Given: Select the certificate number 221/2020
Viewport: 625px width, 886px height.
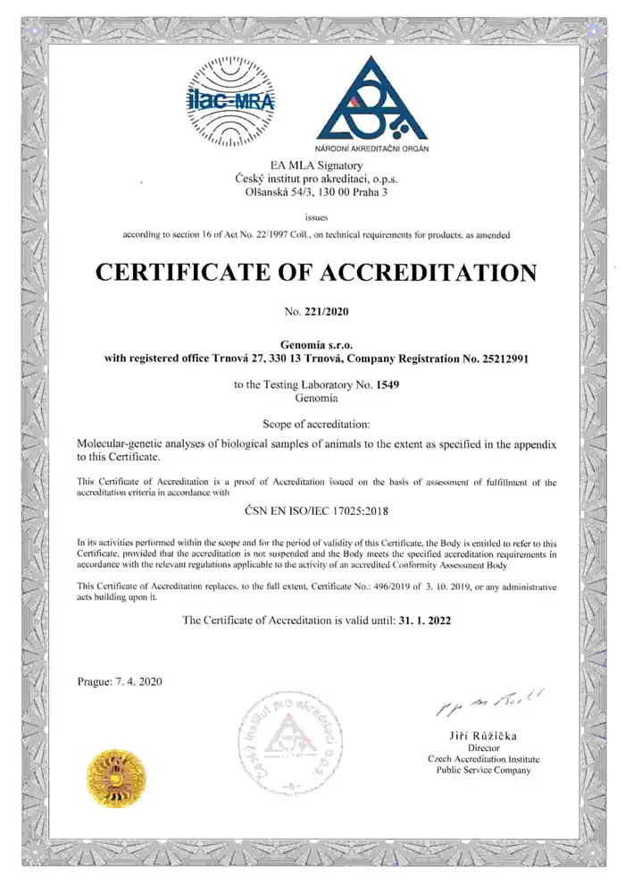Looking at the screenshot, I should pyautogui.click(x=328, y=312).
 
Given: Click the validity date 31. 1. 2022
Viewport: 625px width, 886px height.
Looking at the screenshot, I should pyautogui.click(x=426, y=620).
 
